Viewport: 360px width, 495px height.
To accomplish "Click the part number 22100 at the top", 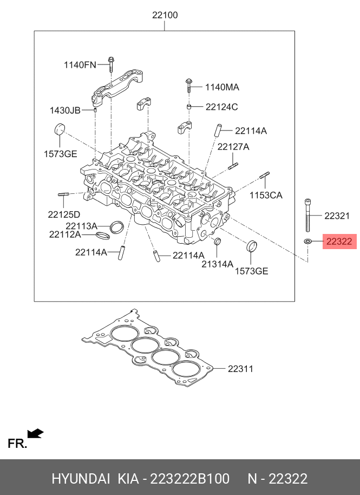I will point(165,15).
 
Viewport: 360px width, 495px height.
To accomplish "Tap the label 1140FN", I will point(80,65).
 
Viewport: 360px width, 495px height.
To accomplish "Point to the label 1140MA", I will point(221,87).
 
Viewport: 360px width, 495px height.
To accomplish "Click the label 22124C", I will point(221,107).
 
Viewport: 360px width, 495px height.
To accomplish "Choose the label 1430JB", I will point(65,110).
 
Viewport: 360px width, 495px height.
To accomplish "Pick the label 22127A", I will point(233,147).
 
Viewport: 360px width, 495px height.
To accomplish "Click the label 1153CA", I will point(266,195).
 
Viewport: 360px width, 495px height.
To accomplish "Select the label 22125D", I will point(64,214).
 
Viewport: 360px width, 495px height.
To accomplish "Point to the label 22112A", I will point(64,235).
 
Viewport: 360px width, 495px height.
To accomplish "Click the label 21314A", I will point(217,264).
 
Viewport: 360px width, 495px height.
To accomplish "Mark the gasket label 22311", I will point(240,369).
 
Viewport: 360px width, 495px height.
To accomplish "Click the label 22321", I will point(337,216).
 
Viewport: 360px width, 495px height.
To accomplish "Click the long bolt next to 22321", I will point(307,216).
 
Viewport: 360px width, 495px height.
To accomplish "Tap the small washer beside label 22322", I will point(307,241).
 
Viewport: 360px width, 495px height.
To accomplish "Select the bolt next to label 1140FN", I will point(110,64).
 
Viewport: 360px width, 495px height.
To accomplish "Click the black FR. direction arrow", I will point(36,433).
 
